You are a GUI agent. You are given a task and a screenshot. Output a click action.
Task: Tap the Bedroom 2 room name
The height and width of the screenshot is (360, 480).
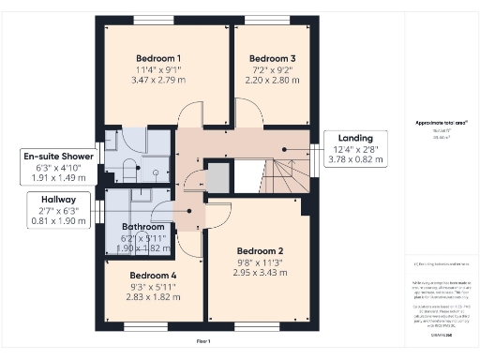[260, 250]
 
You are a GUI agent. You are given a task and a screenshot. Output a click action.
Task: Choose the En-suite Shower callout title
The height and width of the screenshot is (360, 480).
[59, 156]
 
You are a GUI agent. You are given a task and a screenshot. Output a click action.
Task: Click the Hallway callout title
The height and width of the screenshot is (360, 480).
[58, 199]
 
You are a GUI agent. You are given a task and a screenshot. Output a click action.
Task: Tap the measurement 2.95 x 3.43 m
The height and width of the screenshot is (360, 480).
[260, 272]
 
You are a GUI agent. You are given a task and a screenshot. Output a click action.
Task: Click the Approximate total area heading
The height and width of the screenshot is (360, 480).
[441, 123]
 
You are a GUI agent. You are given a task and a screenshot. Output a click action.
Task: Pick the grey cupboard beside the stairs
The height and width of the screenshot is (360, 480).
[218, 177]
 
